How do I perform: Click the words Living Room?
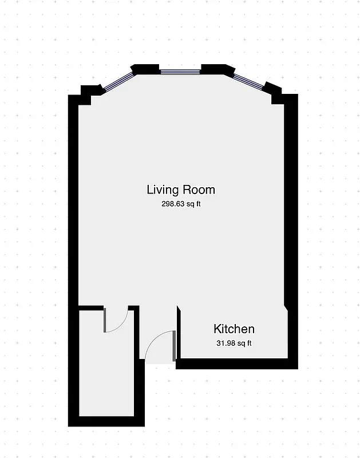click(x=181, y=189)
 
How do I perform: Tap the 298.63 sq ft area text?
click(x=181, y=204)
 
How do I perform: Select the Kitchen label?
click(x=234, y=329)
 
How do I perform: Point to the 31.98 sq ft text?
click(x=233, y=343)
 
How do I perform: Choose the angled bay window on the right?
click(x=248, y=82)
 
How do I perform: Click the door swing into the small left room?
click(x=116, y=321)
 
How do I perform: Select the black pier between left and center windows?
click(x=145, y=70)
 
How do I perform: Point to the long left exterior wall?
click(x=73, y=200)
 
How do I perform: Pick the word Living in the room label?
click(x=163, y=189)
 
